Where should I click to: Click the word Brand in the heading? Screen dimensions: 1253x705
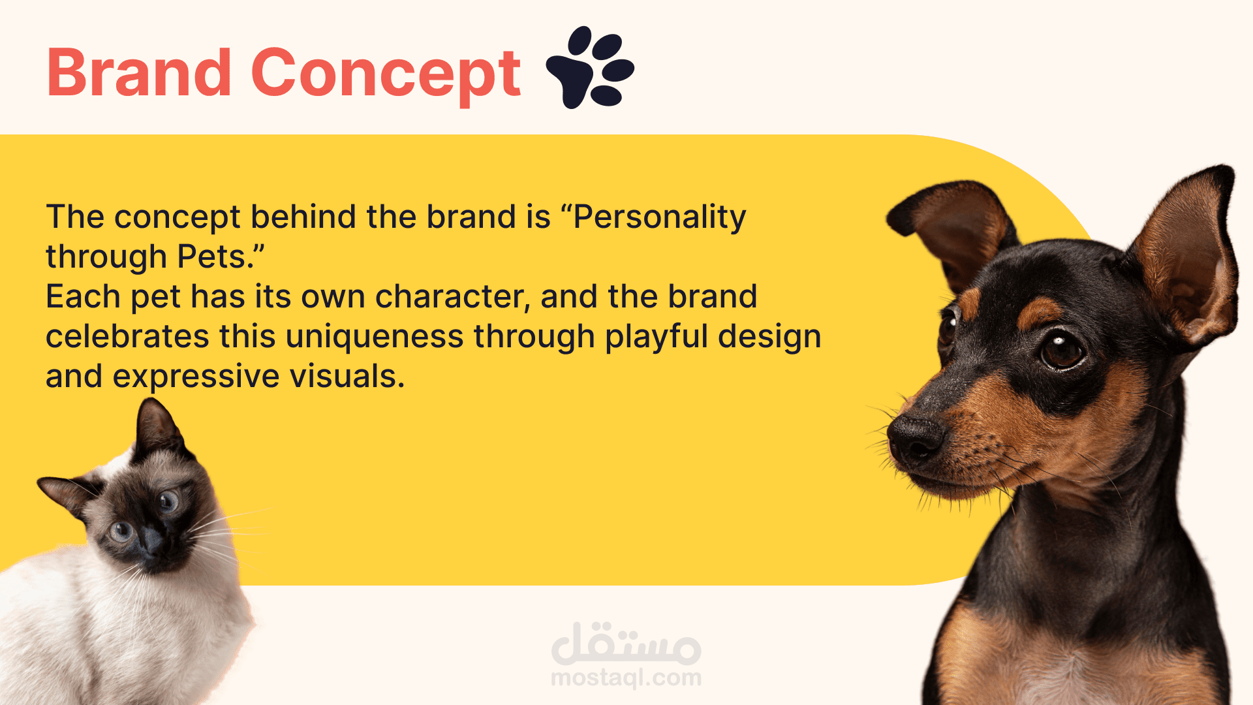click(x=139, y=72)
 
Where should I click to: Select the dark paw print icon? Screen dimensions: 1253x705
click(x=590, y=67)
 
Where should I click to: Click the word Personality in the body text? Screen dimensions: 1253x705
click(x=659, y=218)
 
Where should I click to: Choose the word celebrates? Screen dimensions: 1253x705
click(x=127, y=337)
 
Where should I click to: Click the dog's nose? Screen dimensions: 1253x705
click(x=914, y=436)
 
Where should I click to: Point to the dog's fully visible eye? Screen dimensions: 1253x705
click(x=1062, y=350)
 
